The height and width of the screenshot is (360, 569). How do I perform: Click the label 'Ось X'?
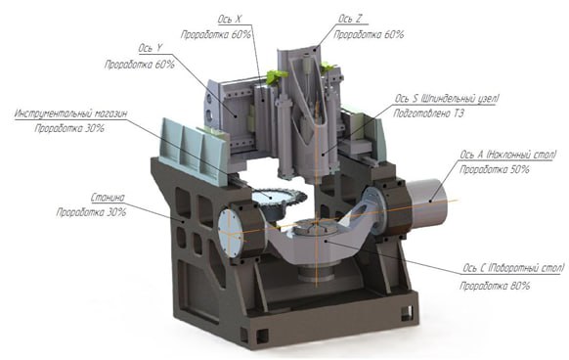(x=230, y=19)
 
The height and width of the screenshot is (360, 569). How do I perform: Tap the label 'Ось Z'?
(x=350, y=19)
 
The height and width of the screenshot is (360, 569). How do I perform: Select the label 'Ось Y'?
(x=150, y=48)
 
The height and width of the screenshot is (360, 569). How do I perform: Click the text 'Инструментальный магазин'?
(x=71, y=113)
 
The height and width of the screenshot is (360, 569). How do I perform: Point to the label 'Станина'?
(x=108, y=198)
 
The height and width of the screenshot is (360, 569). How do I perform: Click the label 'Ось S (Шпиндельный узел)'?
(x=447, y=99)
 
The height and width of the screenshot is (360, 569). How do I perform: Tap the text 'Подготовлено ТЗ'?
(x=428, y=113)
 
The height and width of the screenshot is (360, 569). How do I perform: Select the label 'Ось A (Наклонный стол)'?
(x=507, y=155)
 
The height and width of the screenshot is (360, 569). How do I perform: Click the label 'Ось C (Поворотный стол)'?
(x=513, y=268)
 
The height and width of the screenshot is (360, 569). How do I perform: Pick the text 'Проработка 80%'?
(x=495, y=286)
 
